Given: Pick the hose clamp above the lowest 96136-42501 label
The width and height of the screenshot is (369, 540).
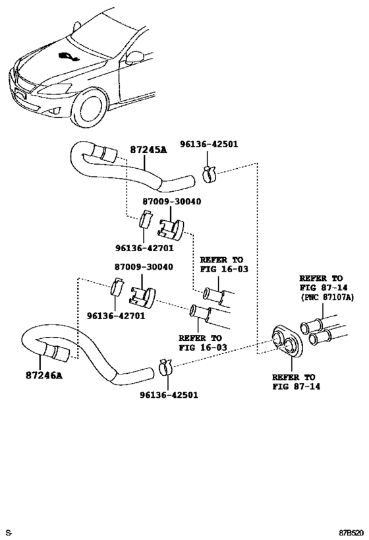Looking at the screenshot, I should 166,367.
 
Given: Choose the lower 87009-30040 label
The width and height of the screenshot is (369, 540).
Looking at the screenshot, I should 144,267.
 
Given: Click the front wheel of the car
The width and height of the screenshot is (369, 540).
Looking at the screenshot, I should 89,109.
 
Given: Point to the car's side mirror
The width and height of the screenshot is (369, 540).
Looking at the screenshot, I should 136,57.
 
